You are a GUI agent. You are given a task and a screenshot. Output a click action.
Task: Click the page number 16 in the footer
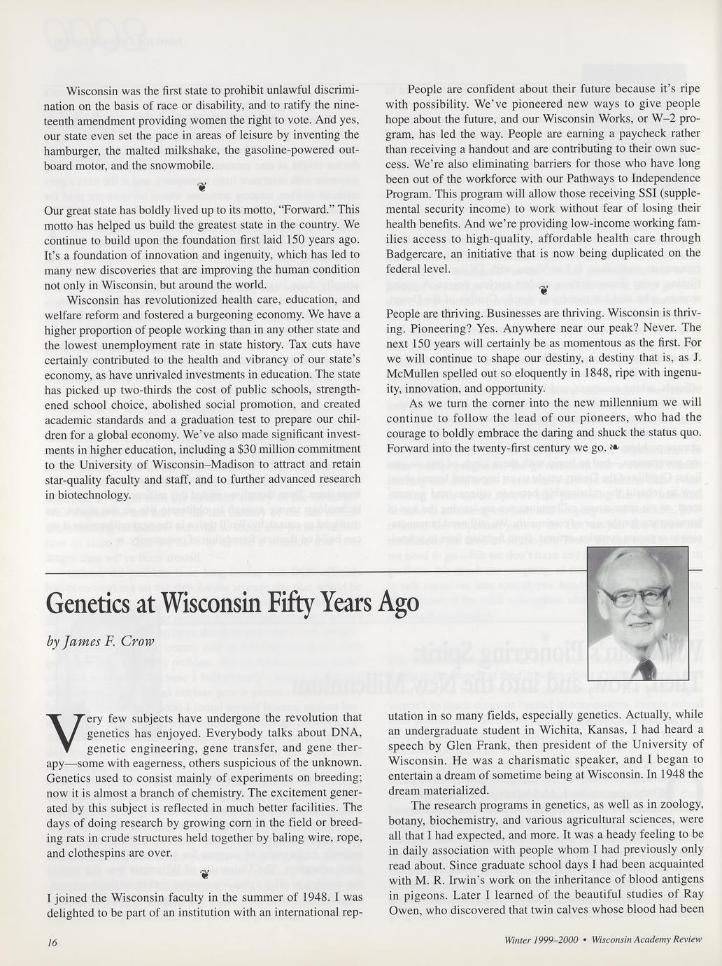coord(51,942)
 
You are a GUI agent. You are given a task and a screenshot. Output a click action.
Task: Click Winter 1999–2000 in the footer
coord(541,940)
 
